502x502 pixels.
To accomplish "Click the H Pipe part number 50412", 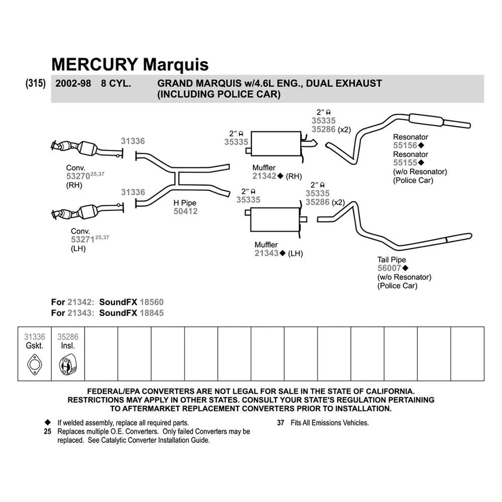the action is point(185,212).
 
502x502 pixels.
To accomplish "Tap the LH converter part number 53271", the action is point(83,239).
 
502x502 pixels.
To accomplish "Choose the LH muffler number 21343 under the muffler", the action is point(266,254).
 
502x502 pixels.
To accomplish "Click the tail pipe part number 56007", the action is point(389,268).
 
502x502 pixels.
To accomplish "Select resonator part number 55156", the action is point(405,145).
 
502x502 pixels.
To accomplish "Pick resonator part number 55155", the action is point(405,163).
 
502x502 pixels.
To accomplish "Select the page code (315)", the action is point(35,83).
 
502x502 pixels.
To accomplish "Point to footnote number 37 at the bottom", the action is point(280,423).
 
